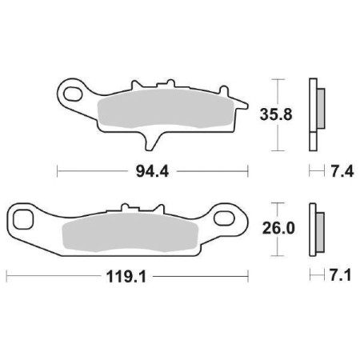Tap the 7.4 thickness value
(337, 170)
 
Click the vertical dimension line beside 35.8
(276, 114)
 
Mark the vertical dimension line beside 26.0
(276, 228)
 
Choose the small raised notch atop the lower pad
(126, 207)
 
